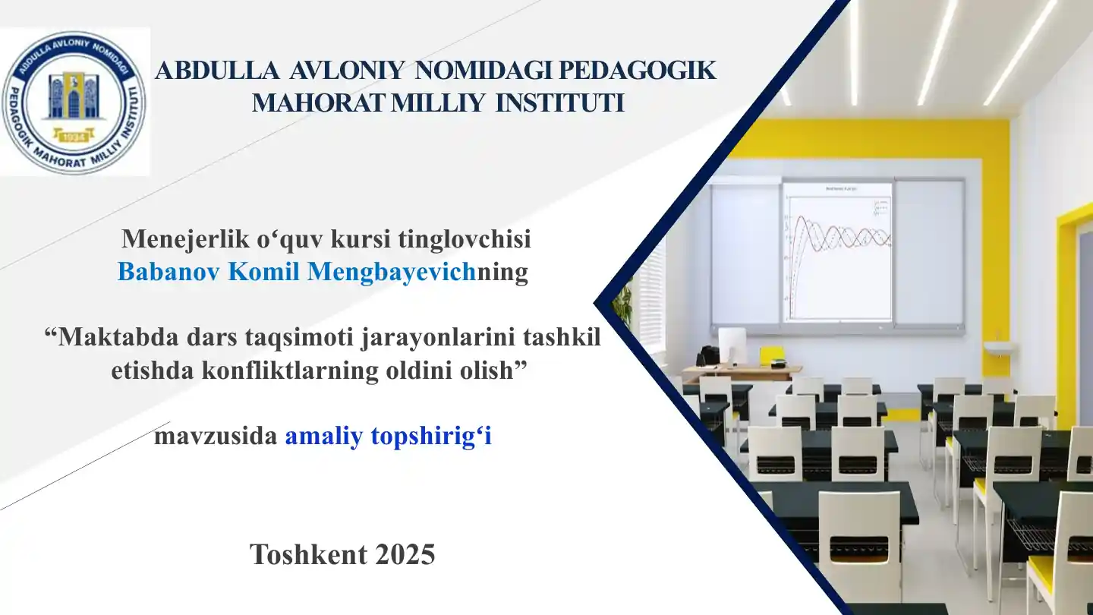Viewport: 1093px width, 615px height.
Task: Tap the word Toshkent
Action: coord(301,554)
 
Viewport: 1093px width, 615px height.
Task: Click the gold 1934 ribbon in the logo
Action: coord(74,137)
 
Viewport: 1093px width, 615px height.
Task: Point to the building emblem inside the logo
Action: coord(74,95)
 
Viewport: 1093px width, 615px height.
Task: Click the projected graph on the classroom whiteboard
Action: coord(837,251)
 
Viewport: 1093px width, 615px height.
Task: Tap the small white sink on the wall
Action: coord(1000,348)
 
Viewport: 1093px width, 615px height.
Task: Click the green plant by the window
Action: coord(624,302)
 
